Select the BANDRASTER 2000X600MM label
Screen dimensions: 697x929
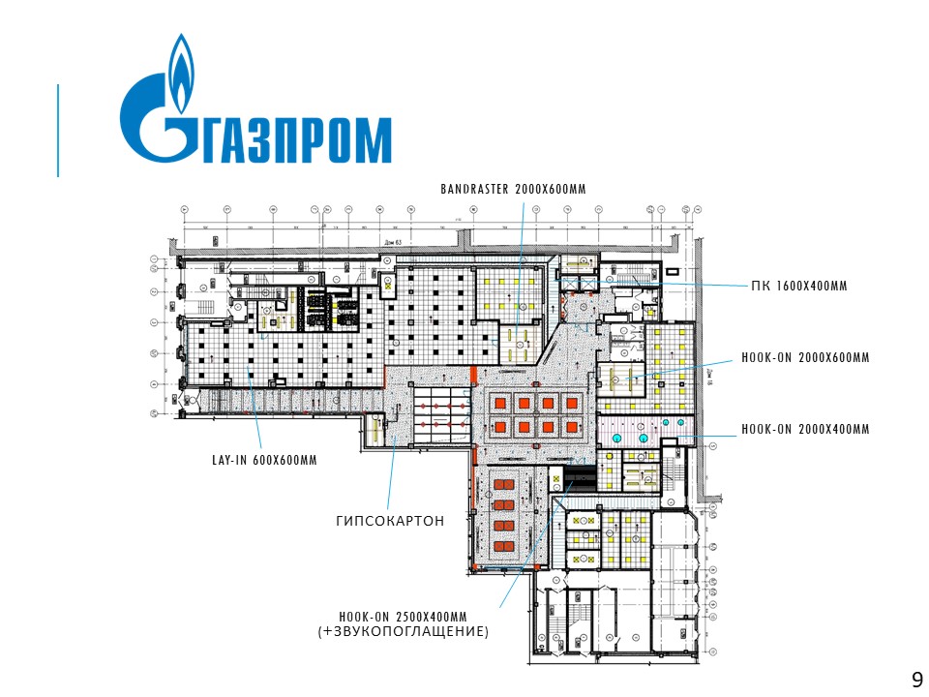513,189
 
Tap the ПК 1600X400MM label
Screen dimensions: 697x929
798,287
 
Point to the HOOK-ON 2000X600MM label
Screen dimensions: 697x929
805,357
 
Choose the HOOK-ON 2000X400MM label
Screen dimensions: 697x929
805,429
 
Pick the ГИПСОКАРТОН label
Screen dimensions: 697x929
390,521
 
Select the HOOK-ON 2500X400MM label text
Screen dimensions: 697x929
403,617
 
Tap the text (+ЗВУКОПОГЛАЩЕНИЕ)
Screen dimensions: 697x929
404,631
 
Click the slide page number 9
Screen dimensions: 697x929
916,678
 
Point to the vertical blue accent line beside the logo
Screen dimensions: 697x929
58,131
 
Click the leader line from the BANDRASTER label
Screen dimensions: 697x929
520,252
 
